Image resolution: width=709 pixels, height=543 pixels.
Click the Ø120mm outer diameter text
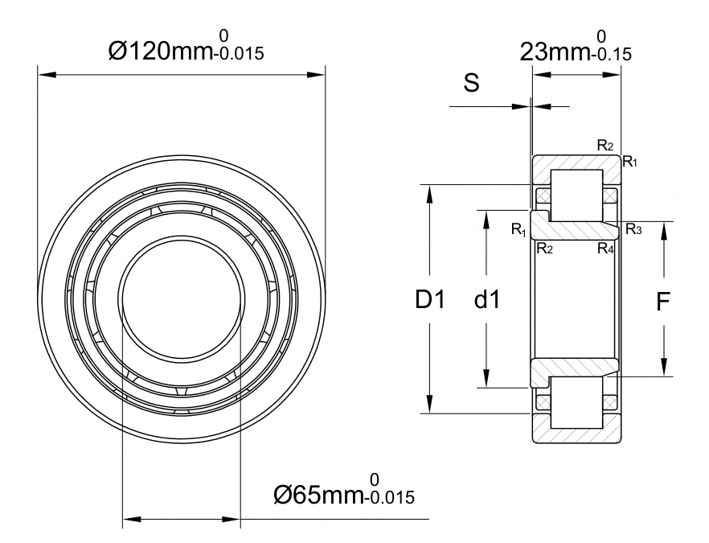tap(161, 51)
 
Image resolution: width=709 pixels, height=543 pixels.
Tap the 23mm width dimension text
tap(555, 51)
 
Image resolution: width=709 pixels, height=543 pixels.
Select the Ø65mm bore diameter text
tap(319, 495)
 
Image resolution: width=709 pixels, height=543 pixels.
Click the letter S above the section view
tap(472, 84)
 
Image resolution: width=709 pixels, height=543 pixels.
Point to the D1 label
tap(430, 299)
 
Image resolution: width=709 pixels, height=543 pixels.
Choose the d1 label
tap(487, 299)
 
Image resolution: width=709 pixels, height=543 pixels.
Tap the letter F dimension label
tap(662, 302)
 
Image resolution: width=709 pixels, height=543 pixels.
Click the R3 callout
tap(633, 230)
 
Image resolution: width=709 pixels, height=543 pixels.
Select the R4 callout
tap(605, 249)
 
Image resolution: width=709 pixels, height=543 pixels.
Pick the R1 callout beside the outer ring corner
tap(630, 161)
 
